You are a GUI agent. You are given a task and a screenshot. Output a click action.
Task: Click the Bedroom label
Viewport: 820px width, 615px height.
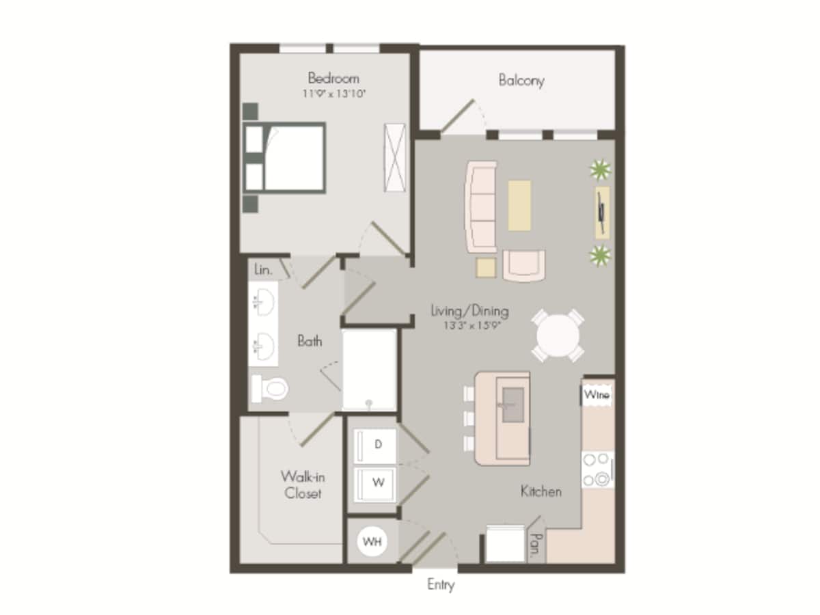(333, 78)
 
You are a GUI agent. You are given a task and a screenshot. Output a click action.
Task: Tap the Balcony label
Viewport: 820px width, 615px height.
(521, 80)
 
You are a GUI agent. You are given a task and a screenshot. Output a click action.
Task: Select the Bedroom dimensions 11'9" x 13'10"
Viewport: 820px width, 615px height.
(335, 94)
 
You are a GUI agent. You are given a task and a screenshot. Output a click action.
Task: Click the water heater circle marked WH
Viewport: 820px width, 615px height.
(372, 542)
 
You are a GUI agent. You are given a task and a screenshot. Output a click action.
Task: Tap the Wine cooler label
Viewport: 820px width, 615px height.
(597, 395)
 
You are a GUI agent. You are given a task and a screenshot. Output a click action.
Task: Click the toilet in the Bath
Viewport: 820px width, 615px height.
(271, 388)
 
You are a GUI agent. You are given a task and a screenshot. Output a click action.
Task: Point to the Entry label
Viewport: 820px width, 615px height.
(441, 585)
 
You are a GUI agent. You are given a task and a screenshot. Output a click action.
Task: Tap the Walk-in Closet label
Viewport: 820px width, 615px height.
(302, 484)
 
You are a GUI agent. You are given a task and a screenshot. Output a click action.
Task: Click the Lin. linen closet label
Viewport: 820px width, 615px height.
(263, 270)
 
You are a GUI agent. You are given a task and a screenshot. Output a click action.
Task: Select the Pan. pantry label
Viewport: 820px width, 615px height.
(536, 546)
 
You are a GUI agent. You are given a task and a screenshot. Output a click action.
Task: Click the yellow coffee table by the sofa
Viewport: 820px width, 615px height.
(519, 204)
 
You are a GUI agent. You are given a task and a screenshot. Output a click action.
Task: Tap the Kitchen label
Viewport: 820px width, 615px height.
(541, 491)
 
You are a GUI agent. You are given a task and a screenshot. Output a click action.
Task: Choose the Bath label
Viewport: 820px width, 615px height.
(310, 340)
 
